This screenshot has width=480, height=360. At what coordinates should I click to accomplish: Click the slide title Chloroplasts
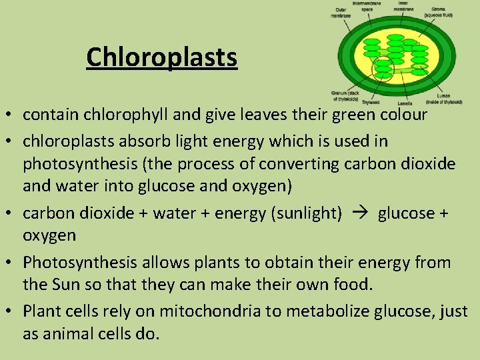point(161,57)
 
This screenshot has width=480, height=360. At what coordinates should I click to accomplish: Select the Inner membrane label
point(403,7)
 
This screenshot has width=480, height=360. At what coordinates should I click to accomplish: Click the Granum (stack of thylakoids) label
point(345,95)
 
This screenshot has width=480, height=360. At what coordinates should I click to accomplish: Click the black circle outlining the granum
point(383,69)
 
